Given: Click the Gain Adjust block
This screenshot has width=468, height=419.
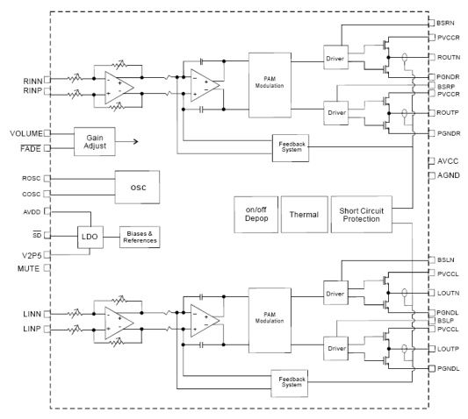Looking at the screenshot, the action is click(x=95, y=141).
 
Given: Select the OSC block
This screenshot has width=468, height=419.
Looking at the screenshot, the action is click(x=137, y=188).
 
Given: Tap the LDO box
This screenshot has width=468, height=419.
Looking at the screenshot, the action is click(x=90, y=237).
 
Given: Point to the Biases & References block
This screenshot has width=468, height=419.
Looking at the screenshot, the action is click(x=140, y=237).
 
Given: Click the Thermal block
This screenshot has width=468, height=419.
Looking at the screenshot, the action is click(x=305, y=214).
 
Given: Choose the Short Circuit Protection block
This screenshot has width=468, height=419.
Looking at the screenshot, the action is click(x=362, y=214).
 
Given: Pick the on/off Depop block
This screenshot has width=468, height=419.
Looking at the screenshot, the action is click(x=256, y=214).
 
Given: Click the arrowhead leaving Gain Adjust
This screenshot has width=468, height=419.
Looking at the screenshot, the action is click(x=136, y=141).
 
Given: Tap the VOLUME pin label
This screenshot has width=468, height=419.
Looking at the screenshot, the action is click(x=26, y=133).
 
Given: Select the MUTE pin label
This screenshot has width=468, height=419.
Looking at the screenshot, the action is click(x=28, y=268).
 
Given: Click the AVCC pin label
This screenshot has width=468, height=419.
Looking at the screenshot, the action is click(x=448, y=161).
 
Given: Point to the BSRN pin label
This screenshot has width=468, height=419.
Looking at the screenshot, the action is click(x=446, y=23).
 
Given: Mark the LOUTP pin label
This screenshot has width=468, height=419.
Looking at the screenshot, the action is click(x=448, y=349).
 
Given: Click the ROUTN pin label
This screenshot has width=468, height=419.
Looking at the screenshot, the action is click(x=449, y=57).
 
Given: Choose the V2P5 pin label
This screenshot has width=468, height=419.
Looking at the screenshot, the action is click(x=32, y=255).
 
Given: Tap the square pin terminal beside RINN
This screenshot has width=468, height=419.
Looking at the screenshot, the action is click(x=47, y=80).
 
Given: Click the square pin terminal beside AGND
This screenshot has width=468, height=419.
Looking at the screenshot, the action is click(x=432, y=175).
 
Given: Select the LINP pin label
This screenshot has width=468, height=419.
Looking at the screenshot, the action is click(x=32, y=329).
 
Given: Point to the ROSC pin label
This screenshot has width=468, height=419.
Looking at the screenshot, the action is click(x=31, y=178).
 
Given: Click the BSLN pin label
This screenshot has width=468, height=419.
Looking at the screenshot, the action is click(x=446, y=259).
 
